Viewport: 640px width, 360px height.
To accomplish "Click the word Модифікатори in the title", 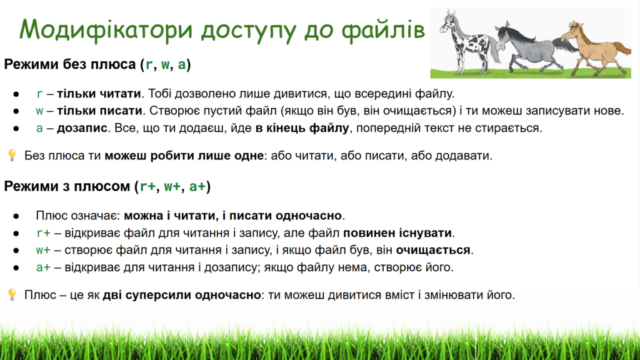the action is tap(106, 30).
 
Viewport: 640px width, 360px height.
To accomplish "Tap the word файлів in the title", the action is tap(383, 30).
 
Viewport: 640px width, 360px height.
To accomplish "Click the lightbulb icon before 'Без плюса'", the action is tap(12, 155).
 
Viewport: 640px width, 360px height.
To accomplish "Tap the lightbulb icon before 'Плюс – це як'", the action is tap(12, 295).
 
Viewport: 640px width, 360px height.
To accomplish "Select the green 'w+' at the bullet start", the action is tap(43, 250).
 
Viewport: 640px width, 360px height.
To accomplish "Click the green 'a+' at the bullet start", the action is tap(43, 267).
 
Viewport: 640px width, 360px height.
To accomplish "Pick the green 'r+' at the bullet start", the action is tap(43, 233).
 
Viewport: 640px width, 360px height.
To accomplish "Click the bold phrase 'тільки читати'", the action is tap(99, 94).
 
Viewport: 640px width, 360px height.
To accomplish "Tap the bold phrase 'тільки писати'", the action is tap(99, 111).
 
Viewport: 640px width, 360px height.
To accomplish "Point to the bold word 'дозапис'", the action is tap(82, 127).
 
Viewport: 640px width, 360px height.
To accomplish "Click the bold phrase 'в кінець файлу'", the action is tap(302, 127).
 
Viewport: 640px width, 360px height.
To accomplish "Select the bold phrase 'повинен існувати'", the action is tap(397, 233).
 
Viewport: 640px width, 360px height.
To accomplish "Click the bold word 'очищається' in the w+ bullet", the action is tap(433, 250).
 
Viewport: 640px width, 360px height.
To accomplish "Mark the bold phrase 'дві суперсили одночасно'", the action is tap(182, 295).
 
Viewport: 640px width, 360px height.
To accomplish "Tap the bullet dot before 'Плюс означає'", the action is tap(16, 216).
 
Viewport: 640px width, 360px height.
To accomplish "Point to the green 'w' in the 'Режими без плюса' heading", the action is tap(165, 64).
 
